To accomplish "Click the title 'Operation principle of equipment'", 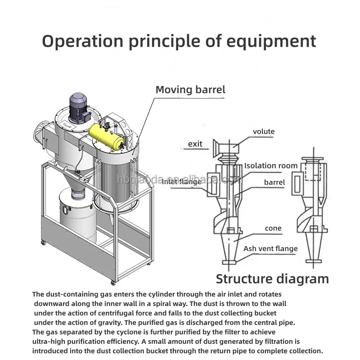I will tap(179, 41).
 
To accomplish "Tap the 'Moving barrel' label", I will tap(190, 90).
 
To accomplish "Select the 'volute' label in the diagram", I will tap(263, 132).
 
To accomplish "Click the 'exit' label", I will tap(195, 144).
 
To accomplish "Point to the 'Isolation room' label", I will tap(271, 166).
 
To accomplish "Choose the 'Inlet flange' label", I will tap(182, 182).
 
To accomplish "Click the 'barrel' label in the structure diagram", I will tap(274, 182).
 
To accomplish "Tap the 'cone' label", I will tap(273, 228).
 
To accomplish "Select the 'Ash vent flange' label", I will tap(270, 248).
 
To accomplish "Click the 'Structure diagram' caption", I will tap(272, 279).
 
